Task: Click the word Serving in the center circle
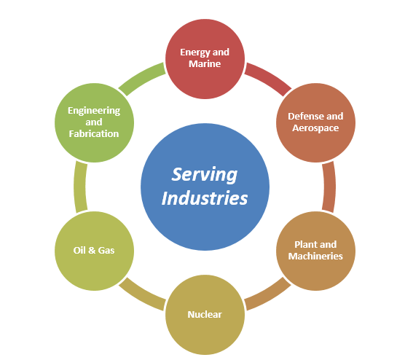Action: (204, 176)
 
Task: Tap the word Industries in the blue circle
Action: (205, 198)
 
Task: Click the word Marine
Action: (205, 64)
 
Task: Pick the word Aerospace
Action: (315, 128)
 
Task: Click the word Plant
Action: (305, 244)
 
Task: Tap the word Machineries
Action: (315, 256)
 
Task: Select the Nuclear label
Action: (205, 315)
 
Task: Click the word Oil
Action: (79, 250)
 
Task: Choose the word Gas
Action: (106, 251)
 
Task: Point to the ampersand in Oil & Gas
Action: (92, 251)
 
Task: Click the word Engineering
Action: (94, 111)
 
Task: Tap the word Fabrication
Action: (94, 133)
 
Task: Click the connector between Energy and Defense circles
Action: (269, 77)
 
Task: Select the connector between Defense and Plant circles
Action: (329, 187)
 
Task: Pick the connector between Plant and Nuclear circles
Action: (269, 295)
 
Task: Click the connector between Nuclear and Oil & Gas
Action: (141, 295)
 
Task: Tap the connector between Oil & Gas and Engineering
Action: (80, 187)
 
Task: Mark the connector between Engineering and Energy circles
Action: (141, 77)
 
